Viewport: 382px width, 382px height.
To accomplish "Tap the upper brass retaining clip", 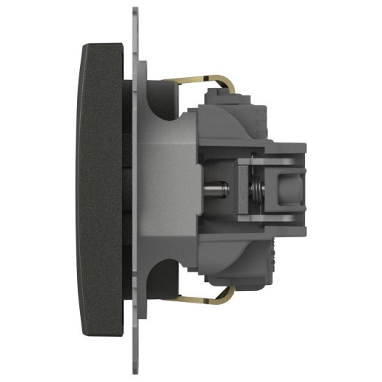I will click(x=202, y=75).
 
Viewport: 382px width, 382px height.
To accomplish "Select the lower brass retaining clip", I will click(x=202, y=299).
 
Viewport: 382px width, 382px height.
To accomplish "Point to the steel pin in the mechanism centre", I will click(x=218, y=188).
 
